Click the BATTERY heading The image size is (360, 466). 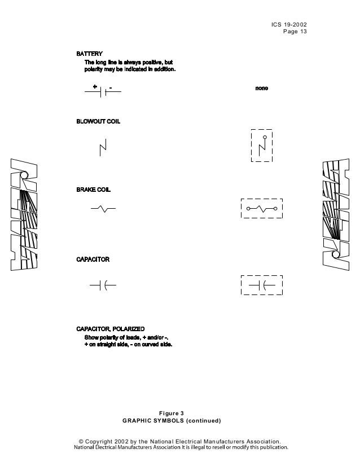(x=89, y=54)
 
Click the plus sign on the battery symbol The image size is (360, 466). (x=95, y=87)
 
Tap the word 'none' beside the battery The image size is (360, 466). (x=261, y=89)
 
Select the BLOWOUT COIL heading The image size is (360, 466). (x=98, y=122)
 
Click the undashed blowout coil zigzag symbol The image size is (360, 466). (x=103, y=148)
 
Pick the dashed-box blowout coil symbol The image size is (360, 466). (x=261, y=146)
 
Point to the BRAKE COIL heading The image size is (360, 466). (x=93, y=190)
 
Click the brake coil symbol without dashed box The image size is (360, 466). (x=103, y=209)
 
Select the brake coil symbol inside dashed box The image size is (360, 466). (x=261, y=208)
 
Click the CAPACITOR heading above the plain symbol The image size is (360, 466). (x=93, y=260)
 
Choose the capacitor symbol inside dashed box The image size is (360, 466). (x=261, y=285)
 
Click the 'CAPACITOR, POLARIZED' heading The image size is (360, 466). (x=111, y=329)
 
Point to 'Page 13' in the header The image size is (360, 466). (x=295, y=32)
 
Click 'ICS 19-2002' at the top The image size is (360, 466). (x=289, y=24)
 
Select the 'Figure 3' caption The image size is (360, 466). (x=172, y=414)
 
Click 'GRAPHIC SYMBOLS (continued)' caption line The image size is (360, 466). (x=172, y=421)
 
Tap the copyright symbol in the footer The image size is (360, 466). (x=81, y=441)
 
